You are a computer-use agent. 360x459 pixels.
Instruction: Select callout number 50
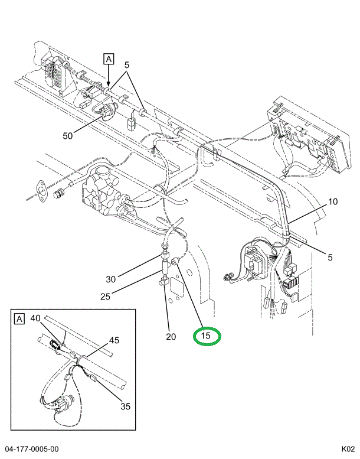coord(68,136)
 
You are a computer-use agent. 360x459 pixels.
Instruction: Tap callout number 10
coord(333,202)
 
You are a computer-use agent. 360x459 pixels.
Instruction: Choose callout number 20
coord(171,337)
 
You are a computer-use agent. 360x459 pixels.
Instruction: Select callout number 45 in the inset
coord(114,340)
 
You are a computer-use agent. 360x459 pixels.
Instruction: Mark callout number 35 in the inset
coord(125,406)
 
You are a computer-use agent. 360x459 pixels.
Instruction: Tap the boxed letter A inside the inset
coord(19,319)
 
